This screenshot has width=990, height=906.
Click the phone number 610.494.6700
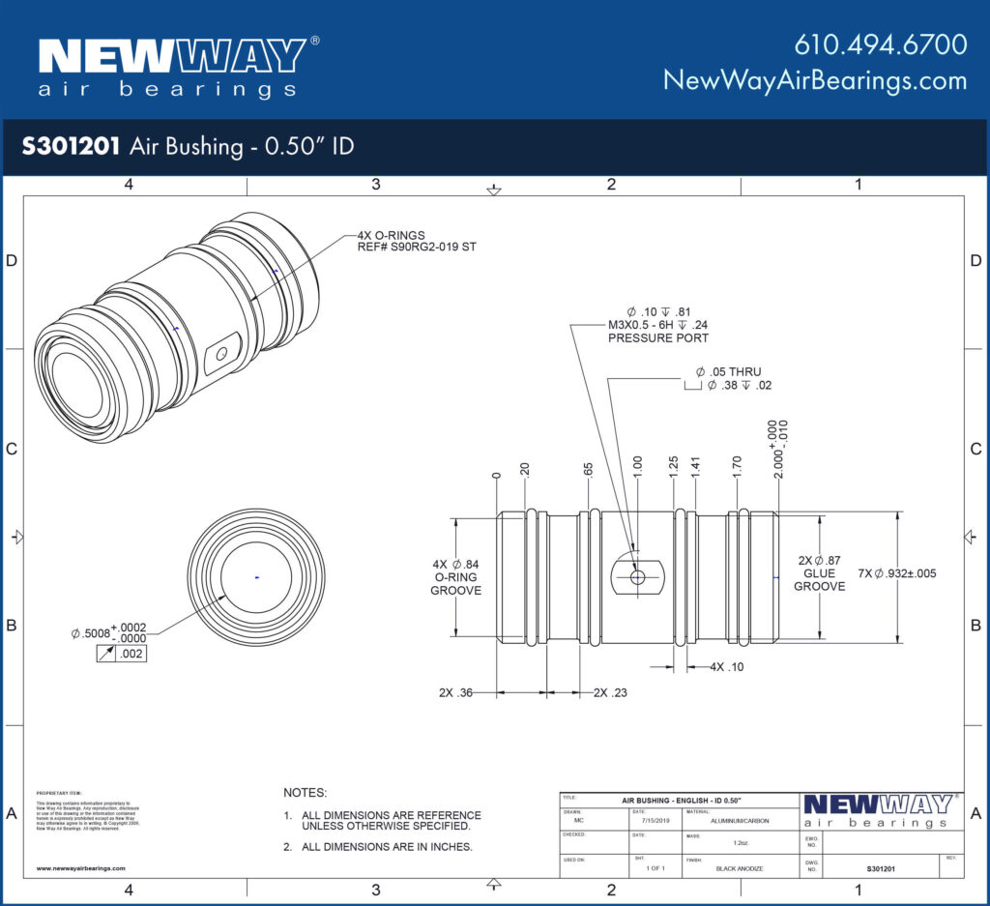880,44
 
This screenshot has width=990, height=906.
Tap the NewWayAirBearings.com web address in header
814,80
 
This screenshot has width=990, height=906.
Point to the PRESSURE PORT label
657,338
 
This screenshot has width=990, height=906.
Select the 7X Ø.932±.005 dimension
896,573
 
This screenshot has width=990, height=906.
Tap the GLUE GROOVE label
819,579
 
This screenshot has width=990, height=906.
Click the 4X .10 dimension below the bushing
727,667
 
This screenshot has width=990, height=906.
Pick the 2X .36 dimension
456,693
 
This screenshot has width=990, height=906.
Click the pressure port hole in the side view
637,576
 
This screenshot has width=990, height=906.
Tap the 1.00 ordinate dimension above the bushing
637,464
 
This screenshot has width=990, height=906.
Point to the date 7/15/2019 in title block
655,820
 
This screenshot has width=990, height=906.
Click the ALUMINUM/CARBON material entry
741,820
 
